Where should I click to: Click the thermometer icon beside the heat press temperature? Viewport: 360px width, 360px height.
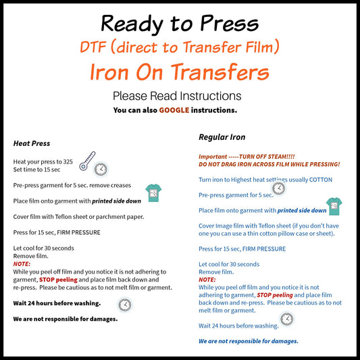coord(87,161)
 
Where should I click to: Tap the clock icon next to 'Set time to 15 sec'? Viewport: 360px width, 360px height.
coord(101,170)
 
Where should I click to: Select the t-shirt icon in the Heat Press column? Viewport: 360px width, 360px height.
coord(153,193)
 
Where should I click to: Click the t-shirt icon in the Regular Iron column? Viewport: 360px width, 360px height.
coord(334,206)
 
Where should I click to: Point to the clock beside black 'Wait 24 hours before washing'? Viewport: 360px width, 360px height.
coord(125,305)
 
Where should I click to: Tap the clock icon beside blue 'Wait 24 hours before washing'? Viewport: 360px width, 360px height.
coord(287,319)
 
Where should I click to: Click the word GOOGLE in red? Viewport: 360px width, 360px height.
coord(174,110)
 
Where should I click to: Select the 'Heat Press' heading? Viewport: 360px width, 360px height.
coord(32,143)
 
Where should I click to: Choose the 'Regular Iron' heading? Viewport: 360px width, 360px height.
coord(222,137)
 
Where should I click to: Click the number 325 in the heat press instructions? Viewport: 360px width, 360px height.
coord(68,162)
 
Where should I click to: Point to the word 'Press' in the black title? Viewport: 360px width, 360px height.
coord(230,24)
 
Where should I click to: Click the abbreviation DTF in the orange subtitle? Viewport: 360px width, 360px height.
coord(93,47)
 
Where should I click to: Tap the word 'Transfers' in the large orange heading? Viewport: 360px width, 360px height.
coord(220,72)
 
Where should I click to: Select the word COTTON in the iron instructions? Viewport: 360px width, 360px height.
coord(321,180)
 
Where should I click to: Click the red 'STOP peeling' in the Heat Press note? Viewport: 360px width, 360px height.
coord(58,280)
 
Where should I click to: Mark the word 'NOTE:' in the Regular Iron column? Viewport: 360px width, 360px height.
coord(207,280)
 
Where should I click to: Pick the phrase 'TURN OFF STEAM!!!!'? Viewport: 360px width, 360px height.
coord(267,157)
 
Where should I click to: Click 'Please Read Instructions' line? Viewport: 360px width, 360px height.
coord(177,96)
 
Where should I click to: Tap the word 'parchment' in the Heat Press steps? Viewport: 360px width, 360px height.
coord(109,217)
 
